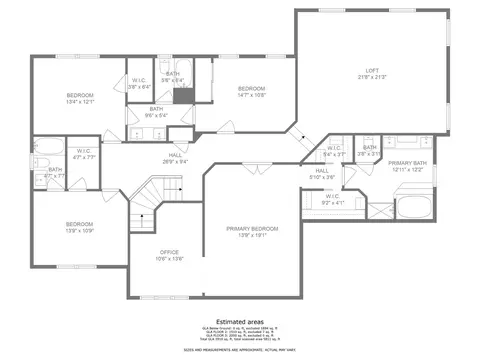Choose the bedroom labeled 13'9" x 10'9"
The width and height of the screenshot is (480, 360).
79,227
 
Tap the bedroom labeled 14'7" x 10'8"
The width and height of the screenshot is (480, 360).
251,92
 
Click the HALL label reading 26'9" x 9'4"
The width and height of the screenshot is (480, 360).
175,158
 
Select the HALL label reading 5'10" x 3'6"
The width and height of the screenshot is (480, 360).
322,174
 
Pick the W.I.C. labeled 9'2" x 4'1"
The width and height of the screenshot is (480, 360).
331,199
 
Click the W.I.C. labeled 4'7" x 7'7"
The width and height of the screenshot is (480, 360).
84,154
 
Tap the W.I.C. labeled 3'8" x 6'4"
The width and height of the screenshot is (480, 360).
139,84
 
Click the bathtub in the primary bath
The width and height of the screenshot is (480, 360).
414,209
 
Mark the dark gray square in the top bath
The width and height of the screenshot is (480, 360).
182,96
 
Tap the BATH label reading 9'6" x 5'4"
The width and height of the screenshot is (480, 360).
157,112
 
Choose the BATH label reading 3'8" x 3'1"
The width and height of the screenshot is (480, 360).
369,151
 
